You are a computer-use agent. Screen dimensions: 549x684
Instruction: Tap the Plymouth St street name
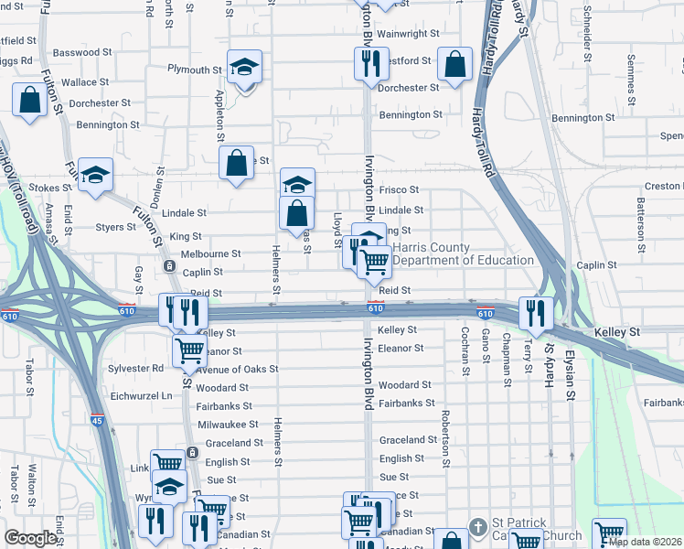point(194,70)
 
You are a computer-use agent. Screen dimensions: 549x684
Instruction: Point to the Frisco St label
point(399,190)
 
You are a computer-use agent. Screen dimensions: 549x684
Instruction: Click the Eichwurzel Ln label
point(141,395)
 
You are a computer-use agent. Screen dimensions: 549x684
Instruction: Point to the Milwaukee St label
point(229,425)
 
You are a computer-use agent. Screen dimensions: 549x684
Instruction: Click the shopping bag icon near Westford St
point(454,64)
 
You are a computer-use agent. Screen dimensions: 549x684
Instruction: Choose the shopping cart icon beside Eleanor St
point(188,350)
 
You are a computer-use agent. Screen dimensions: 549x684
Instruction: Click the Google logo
point(31,538)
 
